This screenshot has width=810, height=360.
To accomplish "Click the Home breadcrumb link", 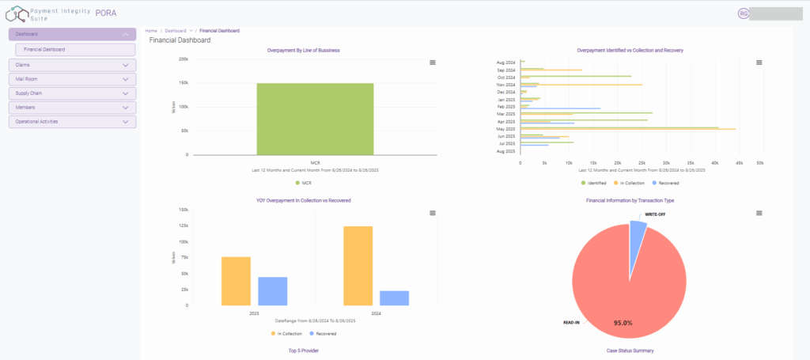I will coord(151,30).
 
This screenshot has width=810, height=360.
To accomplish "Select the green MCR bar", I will coord(315,119).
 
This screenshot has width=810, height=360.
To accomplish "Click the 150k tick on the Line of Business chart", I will coord(183,82).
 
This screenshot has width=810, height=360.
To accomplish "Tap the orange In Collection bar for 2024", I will coord(358,265).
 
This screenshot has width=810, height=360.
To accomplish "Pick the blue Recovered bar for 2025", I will coord(273,290).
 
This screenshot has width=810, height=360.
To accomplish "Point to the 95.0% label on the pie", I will coord(623,323).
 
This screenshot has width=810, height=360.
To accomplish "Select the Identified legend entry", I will coord(596,183).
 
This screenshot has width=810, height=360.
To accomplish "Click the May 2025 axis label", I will coord(505,129).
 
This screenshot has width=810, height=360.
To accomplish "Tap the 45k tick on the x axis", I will coord(738,163).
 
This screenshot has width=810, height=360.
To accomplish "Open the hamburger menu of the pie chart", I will coord(759,213).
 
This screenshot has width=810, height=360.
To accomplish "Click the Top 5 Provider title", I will coord(304,350).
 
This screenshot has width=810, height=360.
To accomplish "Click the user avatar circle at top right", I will coord(743,13).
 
